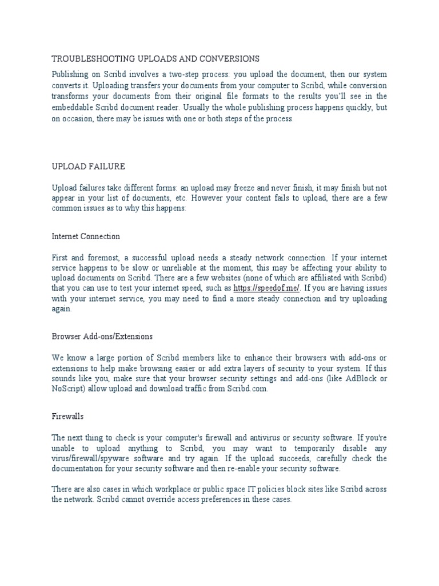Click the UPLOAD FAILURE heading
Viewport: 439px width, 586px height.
point(88,167)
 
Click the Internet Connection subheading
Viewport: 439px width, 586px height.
point(86,236)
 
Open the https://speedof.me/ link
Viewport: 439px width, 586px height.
point(266,288)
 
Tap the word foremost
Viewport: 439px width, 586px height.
point(101,258)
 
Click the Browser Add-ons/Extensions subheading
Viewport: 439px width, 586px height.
point(102,336)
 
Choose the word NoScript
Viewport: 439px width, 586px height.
point(69,389)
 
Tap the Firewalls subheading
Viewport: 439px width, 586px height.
point(68,417)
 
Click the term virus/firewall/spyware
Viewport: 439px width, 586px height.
point(93,459)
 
